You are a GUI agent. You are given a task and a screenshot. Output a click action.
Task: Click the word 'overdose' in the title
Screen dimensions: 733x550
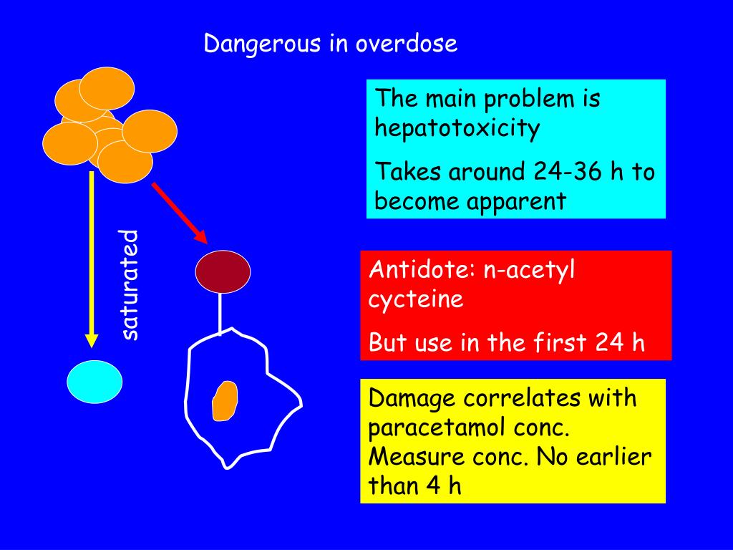tap(407, 44)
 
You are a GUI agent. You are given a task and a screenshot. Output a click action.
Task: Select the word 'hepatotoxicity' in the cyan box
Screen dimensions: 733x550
tap(457, 129)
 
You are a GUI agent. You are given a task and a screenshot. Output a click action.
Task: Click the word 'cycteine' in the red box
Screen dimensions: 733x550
tap(416, 299)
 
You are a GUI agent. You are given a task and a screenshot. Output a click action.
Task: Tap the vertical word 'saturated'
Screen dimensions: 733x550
tap(129, 284)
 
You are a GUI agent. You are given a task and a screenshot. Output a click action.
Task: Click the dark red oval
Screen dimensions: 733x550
tap(223, 271)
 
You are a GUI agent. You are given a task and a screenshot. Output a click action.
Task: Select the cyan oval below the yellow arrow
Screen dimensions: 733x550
tap(94, 382)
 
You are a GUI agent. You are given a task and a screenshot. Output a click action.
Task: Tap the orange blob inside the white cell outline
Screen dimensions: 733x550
tap(225, 401)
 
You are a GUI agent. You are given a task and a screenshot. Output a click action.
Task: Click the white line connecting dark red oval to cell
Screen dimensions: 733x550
tap(221, 314)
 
